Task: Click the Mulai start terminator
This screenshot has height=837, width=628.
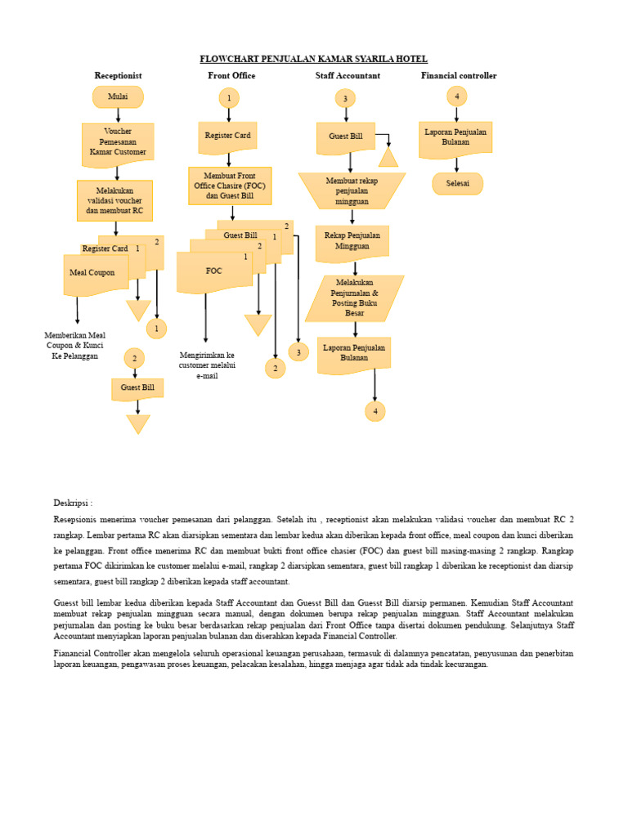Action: point(118,96)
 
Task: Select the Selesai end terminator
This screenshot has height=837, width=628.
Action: point(457,184)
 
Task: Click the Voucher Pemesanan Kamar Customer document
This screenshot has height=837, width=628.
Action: point(118,143)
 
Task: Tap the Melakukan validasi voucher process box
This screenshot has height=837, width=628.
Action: point(114,200)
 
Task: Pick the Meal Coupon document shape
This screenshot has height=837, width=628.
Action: point(93,273)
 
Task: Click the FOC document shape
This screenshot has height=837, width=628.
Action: point(213,271)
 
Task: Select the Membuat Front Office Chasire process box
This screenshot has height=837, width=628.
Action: point(230,186)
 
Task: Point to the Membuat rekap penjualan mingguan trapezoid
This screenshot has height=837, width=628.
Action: point(352,190)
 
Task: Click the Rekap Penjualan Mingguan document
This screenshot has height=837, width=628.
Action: point(352,242)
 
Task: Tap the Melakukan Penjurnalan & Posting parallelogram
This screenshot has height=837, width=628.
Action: point(354,298)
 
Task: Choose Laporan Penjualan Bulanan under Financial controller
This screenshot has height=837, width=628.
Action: point(455,137)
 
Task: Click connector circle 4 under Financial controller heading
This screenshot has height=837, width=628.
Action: point(457,96)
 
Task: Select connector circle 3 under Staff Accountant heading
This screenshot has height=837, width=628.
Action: point(345,99)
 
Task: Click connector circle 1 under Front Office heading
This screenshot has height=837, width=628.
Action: point(229,98)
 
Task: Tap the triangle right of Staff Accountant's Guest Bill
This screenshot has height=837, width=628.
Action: point(388,157)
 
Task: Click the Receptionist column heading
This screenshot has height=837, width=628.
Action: point(118,75)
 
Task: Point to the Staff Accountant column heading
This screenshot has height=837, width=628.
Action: point(348,75)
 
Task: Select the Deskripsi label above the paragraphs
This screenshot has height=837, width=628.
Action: point(73,503)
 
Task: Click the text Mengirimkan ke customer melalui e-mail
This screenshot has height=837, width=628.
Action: point(207,365)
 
